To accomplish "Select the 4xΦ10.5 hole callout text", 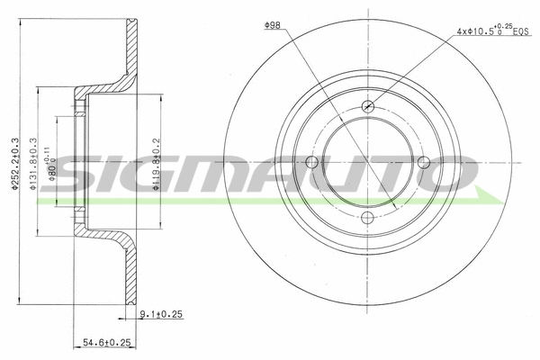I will [477, 31].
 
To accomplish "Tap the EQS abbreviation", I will [521, 32].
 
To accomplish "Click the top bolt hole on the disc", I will [367, 107].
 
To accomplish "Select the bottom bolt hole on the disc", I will [367, 218].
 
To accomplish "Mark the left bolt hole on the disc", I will [312, 162].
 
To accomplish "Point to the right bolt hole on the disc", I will [423, 162].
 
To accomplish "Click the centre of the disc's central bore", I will [367, 162].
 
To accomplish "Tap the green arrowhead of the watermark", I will [486, 195].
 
